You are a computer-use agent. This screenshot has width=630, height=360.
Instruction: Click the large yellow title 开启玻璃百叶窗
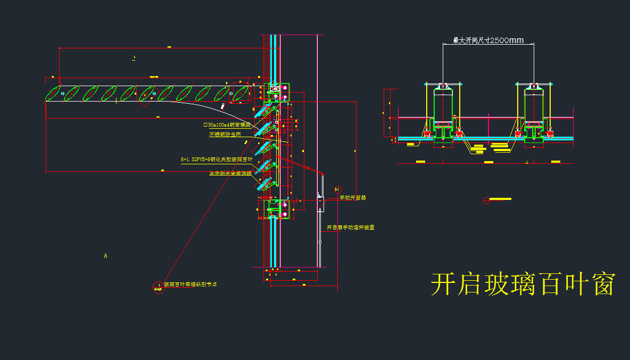coord(523,284)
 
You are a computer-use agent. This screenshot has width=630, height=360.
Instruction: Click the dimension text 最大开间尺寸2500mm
coord(488,40)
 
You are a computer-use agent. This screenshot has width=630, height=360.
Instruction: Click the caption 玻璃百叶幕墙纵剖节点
coord(190,284)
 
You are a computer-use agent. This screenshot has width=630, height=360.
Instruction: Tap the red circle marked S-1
coord(337,189)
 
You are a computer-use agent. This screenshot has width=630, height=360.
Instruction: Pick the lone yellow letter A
coord(105,256)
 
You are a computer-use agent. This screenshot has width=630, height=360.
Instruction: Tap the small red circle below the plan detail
coord(485,200)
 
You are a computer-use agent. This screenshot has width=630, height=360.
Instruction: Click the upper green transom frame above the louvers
coord(278,92)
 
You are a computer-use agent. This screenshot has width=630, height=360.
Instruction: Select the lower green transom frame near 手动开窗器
coord(278,208)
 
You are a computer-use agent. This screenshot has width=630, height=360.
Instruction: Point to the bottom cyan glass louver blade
coord(264,185)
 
